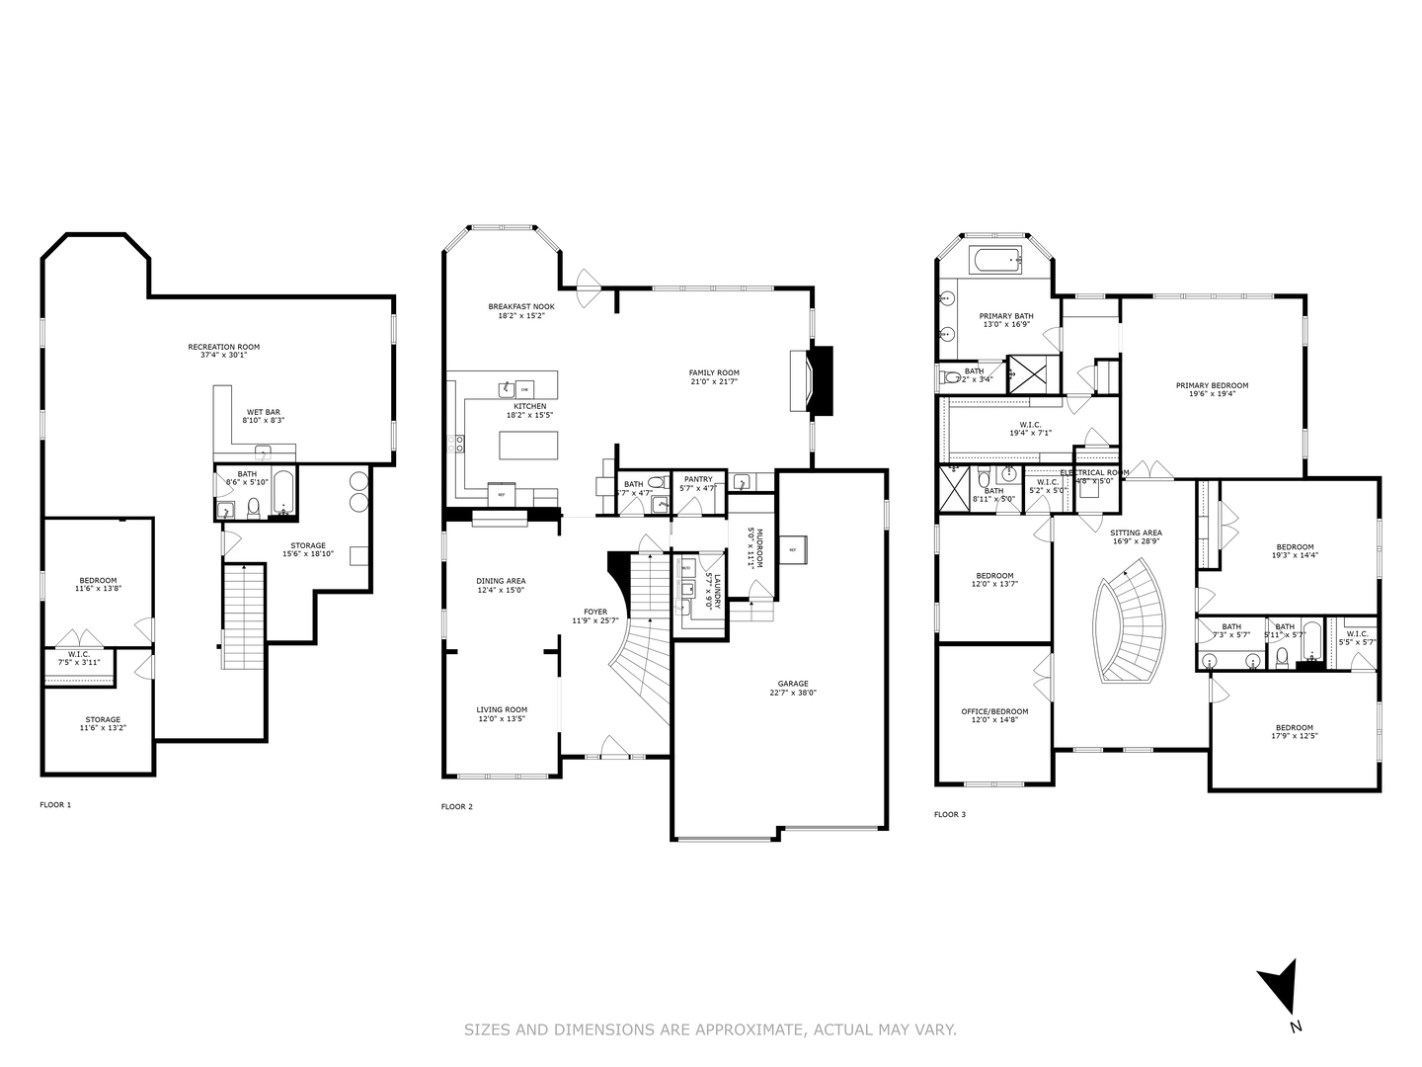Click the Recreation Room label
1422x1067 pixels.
click(223, 347)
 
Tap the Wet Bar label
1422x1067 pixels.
click(263, 412)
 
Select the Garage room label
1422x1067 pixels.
click(792, 684)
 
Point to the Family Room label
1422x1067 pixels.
click(713, 372)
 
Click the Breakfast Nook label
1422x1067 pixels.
click(515, 306)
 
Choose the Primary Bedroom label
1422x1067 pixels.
click(1211, 385)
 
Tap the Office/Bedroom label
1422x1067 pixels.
click(994, 711)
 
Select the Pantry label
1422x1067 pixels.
click(697, 479)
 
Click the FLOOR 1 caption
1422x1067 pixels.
click(55, 805)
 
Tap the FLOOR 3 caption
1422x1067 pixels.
click(950, 815)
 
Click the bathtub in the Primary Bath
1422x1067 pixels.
click(995, 262)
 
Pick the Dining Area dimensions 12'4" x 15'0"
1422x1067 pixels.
click(501, 591)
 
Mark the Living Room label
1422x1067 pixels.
click(502, 709)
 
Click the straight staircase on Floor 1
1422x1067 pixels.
click(243, 617)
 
